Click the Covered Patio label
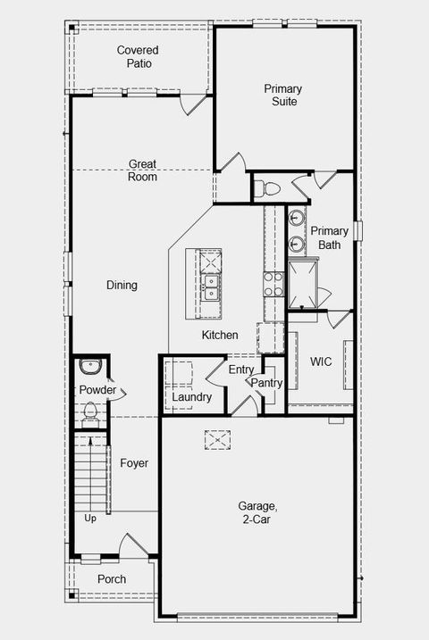pos(139,57)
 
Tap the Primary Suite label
pos(282,95)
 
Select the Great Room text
pos(143,170)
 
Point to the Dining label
pos(122,286)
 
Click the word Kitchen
pos(220,335)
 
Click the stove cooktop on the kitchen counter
pos(273,284)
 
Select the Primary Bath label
pos(330,237)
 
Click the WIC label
pos(322,362)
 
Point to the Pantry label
pos(266,383)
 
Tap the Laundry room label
pos(192,396)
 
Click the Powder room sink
pos(89,366)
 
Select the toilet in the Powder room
pos(89,411)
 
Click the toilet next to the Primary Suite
pos(267,188)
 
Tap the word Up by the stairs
pos(90,518)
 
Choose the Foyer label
pos(134,463)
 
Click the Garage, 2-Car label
pos(257,511)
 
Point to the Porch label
pos(112,579)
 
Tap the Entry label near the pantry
pos(241,370)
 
